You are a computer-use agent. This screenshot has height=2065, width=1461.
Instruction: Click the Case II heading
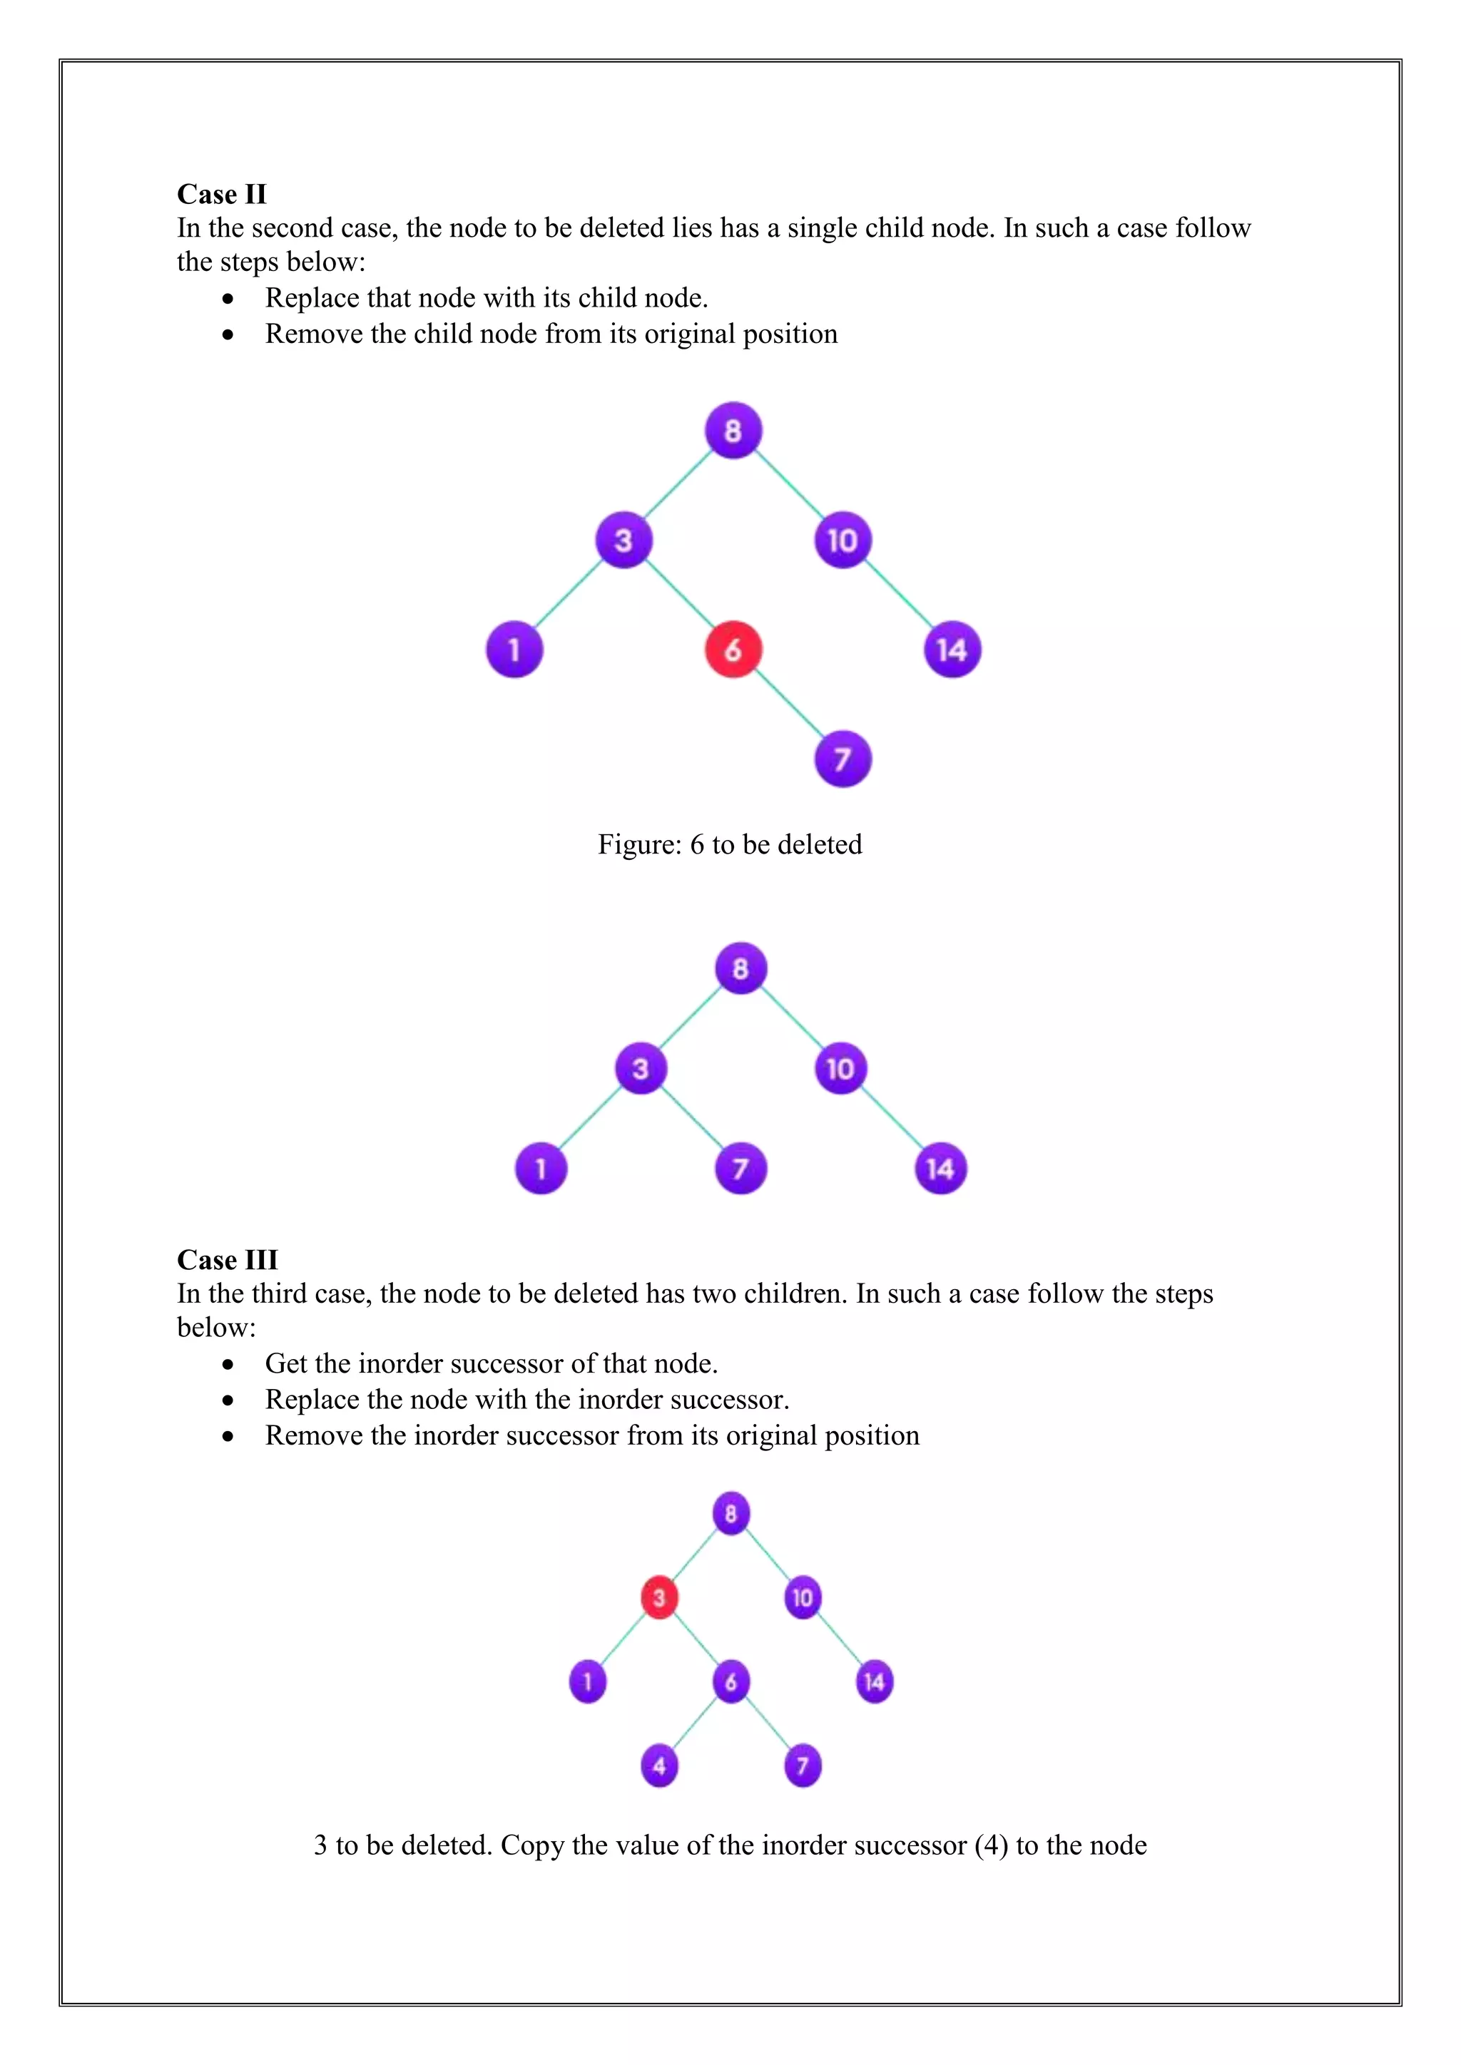point(221,194)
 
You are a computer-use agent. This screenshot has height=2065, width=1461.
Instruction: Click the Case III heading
point(227,1259)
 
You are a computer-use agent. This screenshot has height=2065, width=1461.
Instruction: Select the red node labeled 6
point(733,650)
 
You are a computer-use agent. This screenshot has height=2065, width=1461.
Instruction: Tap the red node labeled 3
point(658,1597)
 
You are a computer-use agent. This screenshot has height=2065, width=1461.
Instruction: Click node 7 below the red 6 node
point(842,759)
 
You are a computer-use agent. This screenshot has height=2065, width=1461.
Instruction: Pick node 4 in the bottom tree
point(658,1766)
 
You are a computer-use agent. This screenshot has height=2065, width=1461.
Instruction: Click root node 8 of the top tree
point(733,431)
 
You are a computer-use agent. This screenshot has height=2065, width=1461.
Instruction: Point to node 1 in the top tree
point(514,650)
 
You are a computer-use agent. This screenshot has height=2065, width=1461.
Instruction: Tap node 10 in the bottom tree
point(803,1597)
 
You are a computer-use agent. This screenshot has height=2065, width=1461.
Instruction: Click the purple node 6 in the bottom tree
point(730,1681)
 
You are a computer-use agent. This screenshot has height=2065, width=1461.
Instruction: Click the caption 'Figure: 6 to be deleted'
point(730,844)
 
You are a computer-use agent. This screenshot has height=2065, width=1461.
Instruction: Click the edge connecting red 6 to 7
point(788,705)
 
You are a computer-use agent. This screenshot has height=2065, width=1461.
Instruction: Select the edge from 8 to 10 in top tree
point(788,486)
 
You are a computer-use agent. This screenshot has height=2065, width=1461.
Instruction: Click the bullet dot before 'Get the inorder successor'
point(228,1364)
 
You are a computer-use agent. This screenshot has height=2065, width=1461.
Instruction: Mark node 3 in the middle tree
point(640,1068)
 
